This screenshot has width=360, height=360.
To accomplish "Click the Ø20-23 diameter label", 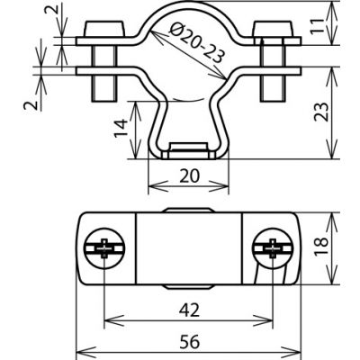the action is click(x=197, y=43).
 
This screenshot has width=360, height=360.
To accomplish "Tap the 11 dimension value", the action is click(x=318, y=26).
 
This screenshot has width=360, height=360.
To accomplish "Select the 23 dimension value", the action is click(x=321, y=112).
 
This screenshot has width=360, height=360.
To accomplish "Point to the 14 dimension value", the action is click(x=121, y=128).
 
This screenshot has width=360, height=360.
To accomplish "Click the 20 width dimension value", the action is click(x=190, y=175).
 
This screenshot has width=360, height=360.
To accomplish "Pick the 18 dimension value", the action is click(x=321, y=247).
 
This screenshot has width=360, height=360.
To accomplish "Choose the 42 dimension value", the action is click(x=189, y=310).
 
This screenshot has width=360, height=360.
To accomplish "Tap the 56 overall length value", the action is click(x=190, y=342).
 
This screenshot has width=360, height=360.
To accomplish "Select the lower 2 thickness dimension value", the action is click(x=31, y=105).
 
